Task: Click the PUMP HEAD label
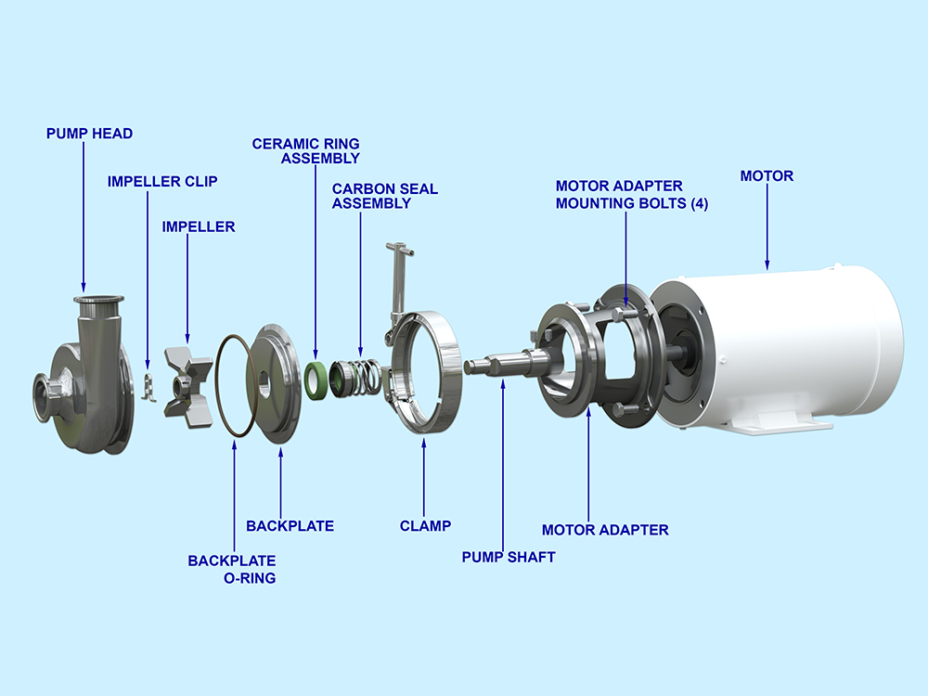89,134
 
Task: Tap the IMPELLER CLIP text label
161,181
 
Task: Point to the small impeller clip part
146,388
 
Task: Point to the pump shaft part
501,362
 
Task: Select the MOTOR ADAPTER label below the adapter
605,530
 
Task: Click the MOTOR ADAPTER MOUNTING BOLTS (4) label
631,196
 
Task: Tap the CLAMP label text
425,526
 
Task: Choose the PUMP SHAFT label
509,557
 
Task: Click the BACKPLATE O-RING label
231,569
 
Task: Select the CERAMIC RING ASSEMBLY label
306,151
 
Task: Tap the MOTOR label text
767,175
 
